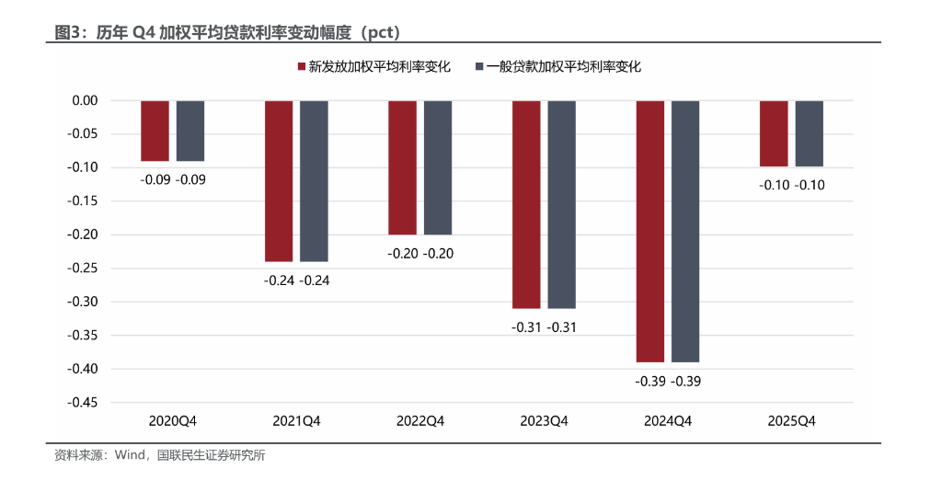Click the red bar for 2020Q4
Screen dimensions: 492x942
tap(155, 131)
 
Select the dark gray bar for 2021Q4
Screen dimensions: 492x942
tap(314, 181)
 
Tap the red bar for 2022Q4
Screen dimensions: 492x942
tap(402, 167)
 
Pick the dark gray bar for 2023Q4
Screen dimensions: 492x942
tap(561, 204)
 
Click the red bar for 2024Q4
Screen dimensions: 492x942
tap(649, 231)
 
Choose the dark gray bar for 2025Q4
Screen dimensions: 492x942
tap(810, 133)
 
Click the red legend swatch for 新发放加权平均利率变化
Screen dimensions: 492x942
tap(300, 67)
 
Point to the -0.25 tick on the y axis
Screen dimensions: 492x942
tap(85, 269)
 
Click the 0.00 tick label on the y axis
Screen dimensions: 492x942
tap(86, 100)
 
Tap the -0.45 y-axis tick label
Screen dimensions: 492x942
tap(85, 403)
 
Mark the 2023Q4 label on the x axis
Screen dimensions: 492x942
tap(544, 421)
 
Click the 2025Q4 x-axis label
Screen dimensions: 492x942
tap(792, 421)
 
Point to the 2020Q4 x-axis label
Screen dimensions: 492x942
tap(173, 421)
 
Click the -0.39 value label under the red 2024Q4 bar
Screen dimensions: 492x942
tap(650, 381)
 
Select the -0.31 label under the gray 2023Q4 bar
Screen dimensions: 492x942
tap(561, 326)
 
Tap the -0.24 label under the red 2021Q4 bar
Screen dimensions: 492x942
tap(279, 280)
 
